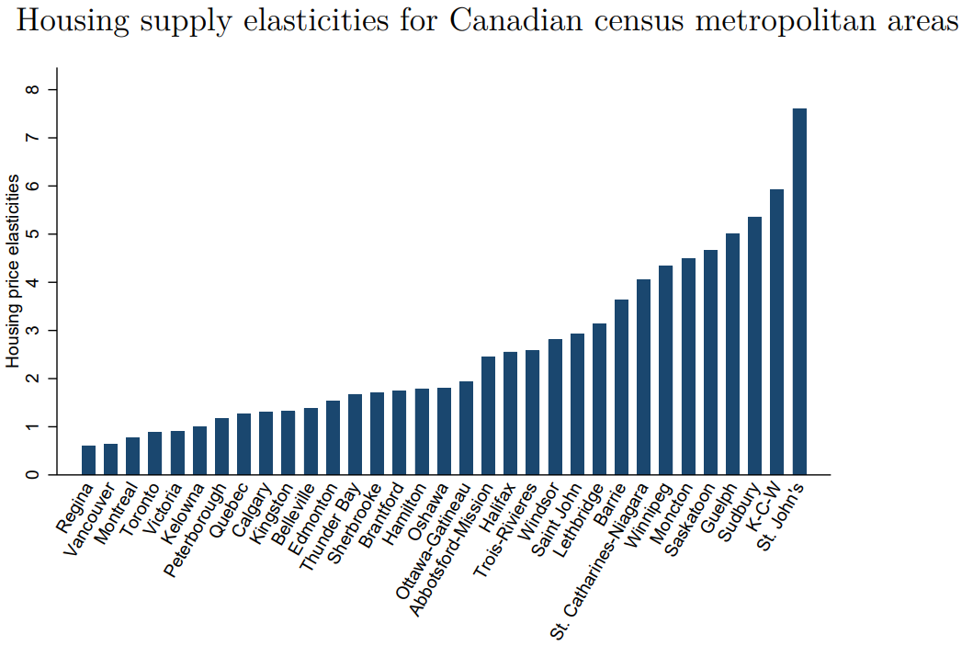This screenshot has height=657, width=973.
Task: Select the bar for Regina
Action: (88, 460)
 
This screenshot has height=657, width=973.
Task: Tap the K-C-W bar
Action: (777, 332)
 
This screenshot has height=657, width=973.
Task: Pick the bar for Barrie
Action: (621, 387)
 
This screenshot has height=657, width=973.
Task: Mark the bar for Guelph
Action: (732, 354)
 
